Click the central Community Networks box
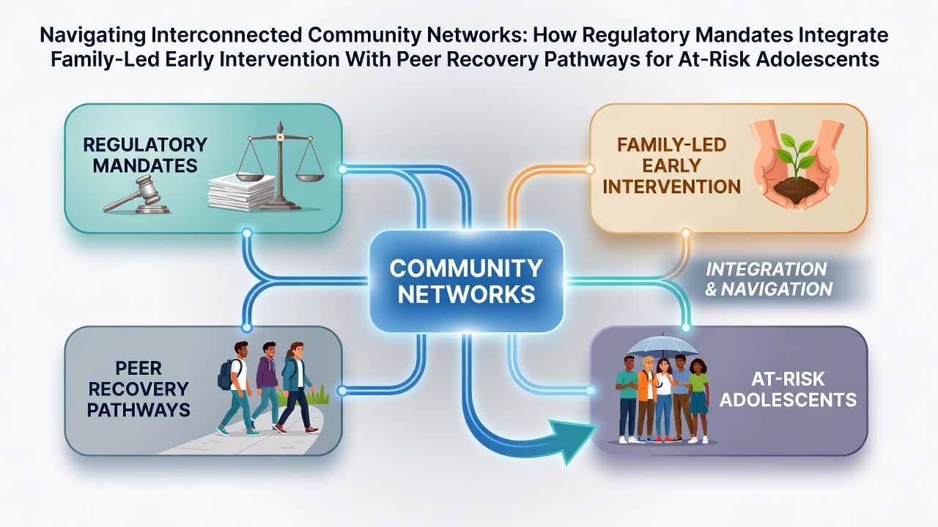tap(467, 281)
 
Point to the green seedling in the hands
tap(794, 158)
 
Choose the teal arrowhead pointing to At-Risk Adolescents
tap(575, 440)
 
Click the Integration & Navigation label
tap(768, 279)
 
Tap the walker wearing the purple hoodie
tap(265, 385)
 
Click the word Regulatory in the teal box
tap(145, 145)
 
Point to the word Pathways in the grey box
tap(139, 410)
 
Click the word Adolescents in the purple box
tap(788, 400)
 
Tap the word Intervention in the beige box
tap(672, 187)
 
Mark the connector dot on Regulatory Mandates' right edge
tap(342, 169)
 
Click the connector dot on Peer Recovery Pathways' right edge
tap(342, 391)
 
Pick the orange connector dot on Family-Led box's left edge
tap(590, 169)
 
